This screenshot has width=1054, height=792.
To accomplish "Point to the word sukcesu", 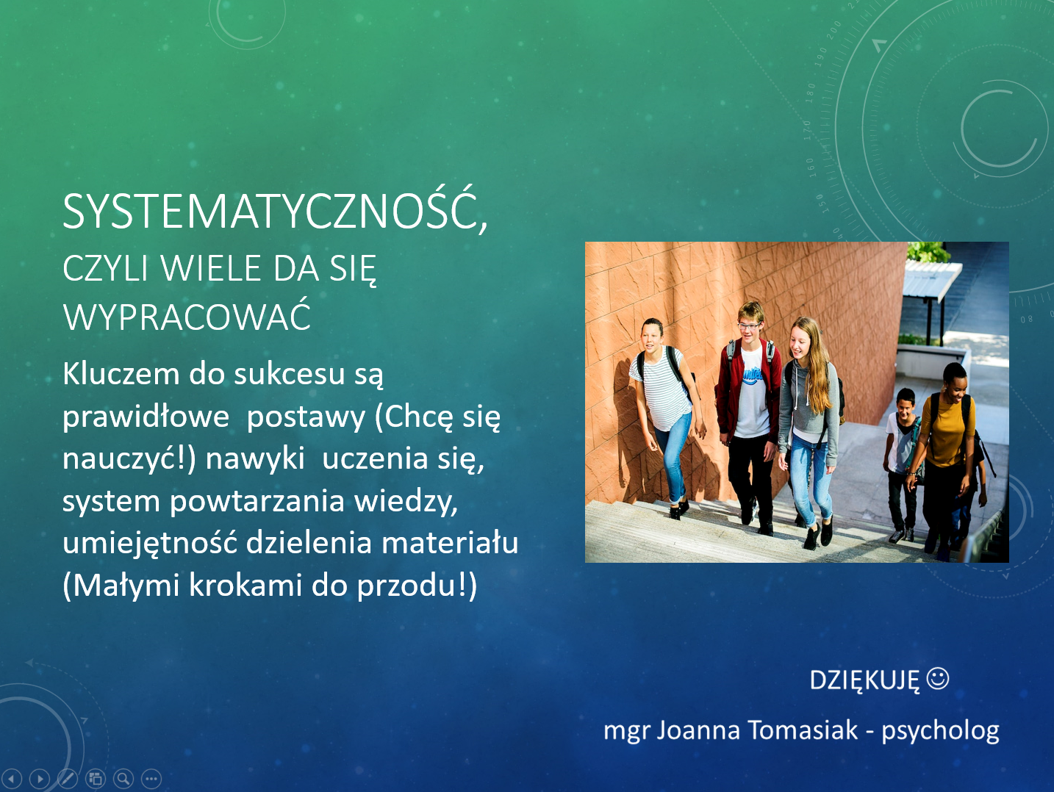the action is click(290, 374).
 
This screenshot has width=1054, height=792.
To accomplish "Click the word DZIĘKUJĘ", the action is click(864, 680).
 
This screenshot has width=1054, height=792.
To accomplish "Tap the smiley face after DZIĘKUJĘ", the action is click(937, 679).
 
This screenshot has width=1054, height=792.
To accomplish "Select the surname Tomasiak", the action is click(803, 730).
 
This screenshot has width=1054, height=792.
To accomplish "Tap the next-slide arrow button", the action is click(40, 779).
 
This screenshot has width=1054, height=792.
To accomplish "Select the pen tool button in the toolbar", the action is click(67, 779).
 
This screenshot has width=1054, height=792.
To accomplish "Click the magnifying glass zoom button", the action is click(123, 779).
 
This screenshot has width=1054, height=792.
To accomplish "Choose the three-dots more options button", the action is click(151, 779).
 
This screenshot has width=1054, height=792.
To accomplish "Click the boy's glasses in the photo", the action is click(750, 326).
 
